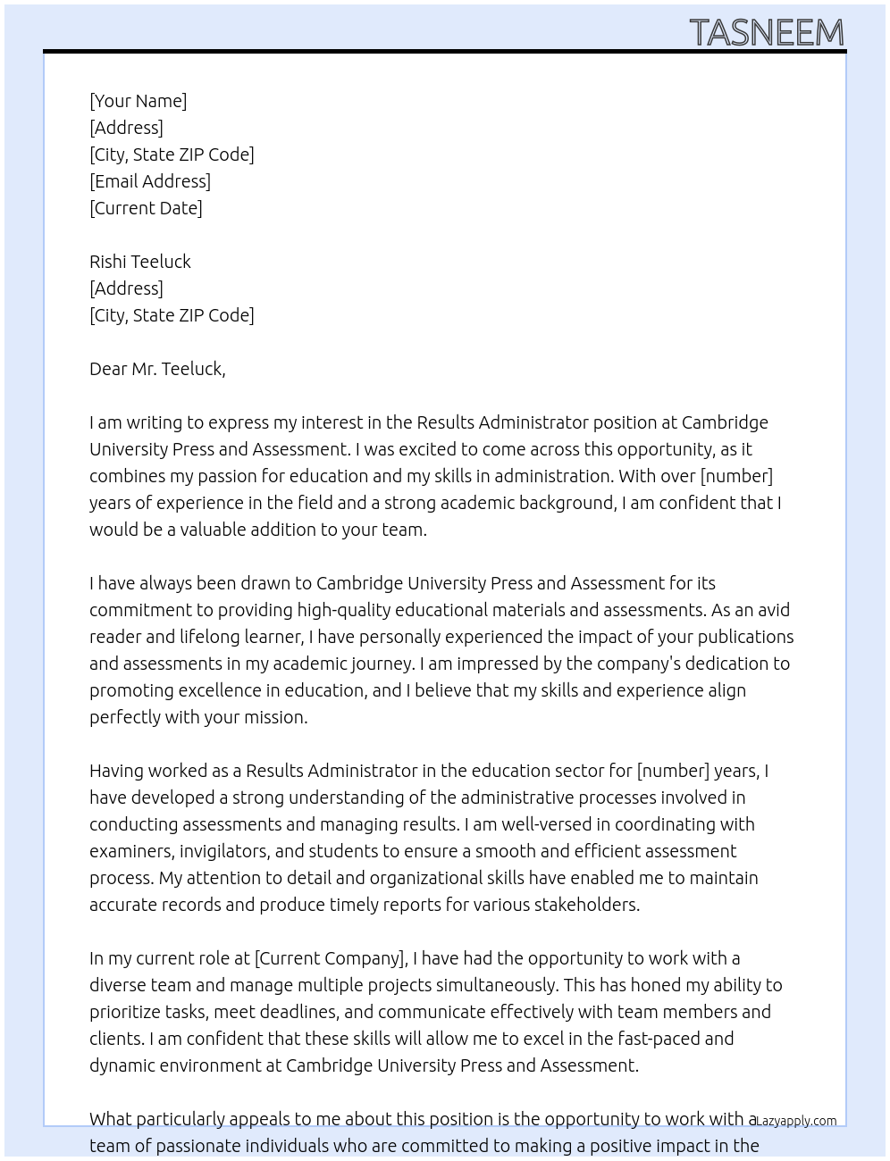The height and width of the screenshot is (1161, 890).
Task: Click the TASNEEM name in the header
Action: (x=767, y=32)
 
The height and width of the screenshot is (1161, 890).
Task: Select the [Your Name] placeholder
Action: (x=138, y=101)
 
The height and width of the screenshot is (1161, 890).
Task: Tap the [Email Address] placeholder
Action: (x=150, y=181)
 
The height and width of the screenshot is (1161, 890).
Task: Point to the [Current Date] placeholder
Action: (x=146, y=208)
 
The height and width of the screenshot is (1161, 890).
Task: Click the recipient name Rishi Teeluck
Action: (x=140, y=262)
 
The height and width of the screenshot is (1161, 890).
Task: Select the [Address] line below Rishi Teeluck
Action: (x=126, y=288)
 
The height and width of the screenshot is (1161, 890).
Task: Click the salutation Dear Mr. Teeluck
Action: (x=157, y=369)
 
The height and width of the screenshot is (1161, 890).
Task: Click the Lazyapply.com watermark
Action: (x=796, y=1121)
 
